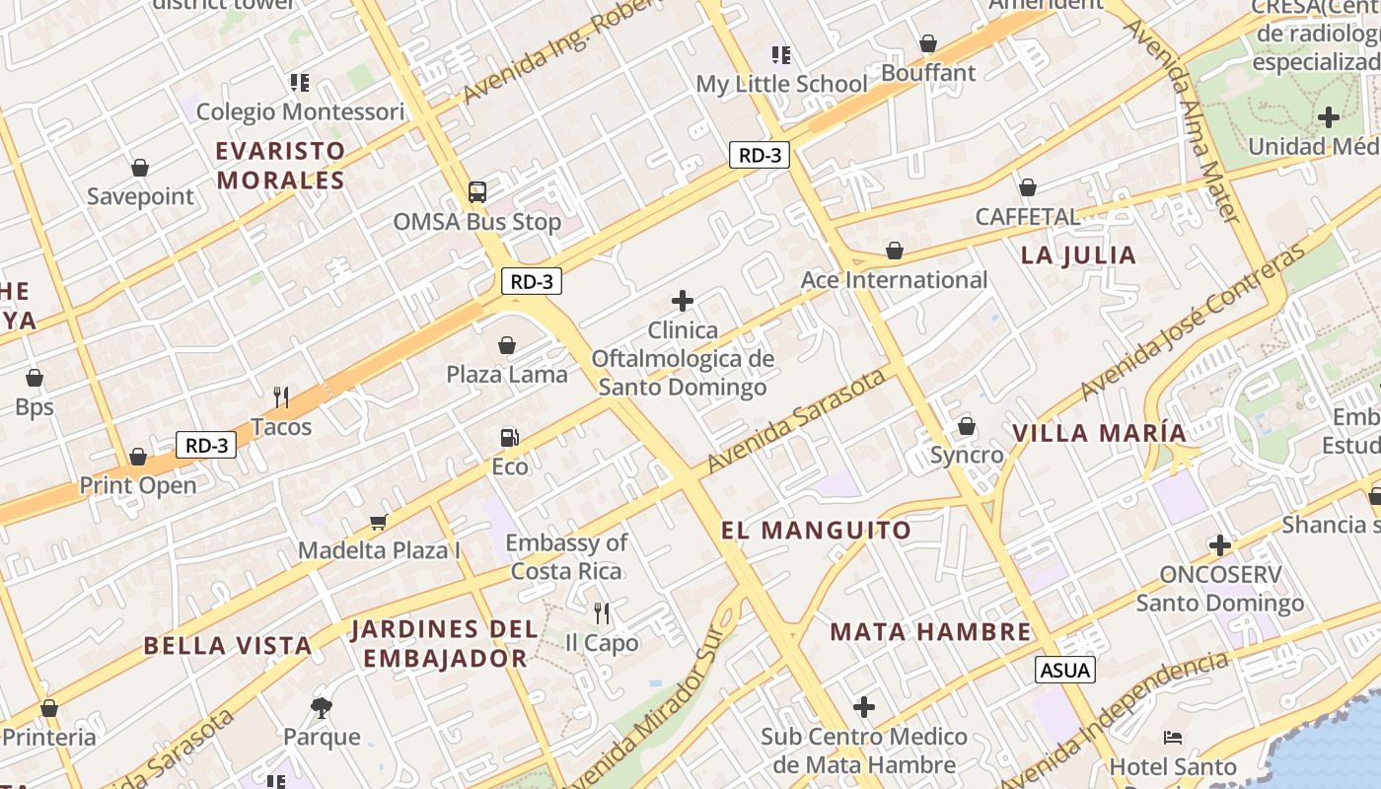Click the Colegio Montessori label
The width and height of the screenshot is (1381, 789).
point(300,111)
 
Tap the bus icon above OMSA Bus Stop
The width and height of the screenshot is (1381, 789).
point(476,191)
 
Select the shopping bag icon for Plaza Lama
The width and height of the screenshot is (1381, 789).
point(507,345)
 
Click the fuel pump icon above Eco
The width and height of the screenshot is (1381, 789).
point(509,437)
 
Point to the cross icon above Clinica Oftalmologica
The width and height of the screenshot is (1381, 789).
point(682,301)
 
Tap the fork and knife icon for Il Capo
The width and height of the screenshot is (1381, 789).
point(602,613)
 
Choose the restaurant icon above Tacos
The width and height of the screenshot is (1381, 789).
point(281,397)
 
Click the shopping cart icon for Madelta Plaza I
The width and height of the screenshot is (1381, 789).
point(378,521)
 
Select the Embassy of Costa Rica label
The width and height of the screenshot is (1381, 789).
point(566,557)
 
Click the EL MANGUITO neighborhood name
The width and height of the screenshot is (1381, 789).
point(816,531)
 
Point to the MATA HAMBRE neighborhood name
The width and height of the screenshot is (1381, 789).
point(930,631)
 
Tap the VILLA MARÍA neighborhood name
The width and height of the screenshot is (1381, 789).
point(1099,433)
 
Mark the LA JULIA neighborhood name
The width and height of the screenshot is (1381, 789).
point(1078,255)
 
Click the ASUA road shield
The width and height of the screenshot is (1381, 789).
point(1065,671)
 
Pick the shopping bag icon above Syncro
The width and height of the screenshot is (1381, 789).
point(967,426)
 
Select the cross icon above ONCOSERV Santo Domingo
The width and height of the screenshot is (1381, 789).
point(1220,545)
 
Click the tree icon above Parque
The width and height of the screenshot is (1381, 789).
point(321,707)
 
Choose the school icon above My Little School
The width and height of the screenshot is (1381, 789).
point(781,55)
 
